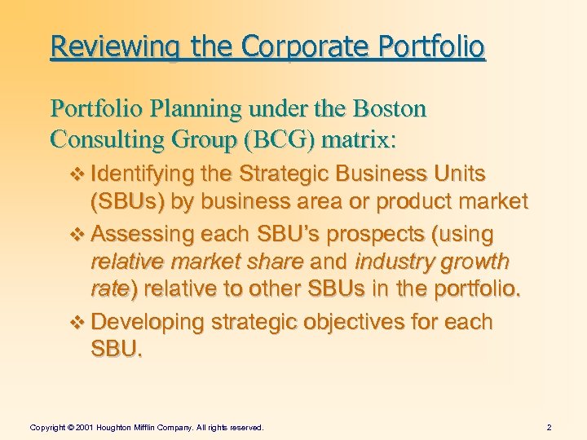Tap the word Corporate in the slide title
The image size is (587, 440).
[x=293, y=46]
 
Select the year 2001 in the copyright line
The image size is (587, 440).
[x=85, y=426]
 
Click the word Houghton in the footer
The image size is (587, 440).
[x=119, y=426]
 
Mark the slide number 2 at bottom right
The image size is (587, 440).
[x=549, y=426]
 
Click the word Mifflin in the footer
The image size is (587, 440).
[x=157, y=426]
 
